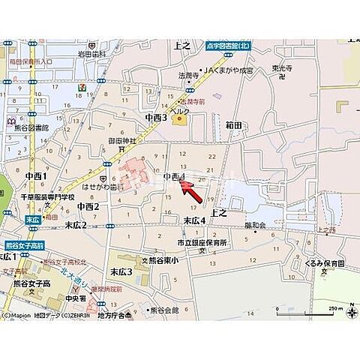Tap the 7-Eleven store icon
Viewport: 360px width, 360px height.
coord(79,86)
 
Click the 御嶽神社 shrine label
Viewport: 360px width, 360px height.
coord(121,141)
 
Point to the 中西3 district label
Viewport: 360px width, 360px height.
coord(156,118)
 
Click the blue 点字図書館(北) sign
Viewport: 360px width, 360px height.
coord(232,45)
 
